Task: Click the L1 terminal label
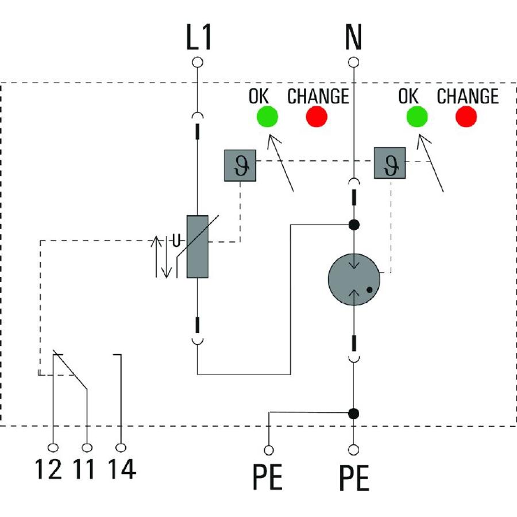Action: pyautogui.click(x=199, y=37)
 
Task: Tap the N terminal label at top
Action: pyautogui.click(x=353, y=37)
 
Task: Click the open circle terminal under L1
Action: pyautogui.click(x=198, y=62)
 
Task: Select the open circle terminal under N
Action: pyautogui.click(x=353, y=62)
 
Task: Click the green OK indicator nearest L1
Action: pyautogui.click(x=267, y=117)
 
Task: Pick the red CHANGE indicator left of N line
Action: pyautogui.click(x=317, y=117)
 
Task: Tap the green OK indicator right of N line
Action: pyautogui.click(x=417, y=117)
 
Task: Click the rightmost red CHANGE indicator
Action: pyautogui.click(x=466, y=117)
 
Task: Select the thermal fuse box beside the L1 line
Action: pyautogui.click(x=240, y=165)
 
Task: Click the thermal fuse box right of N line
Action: pyautogui.click(x=389, y=163)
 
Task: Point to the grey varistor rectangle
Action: pyautogui.click(x=198, y=246)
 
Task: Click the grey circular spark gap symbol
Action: pyautogui.click(x=354, y=279)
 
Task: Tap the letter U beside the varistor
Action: pyautogui.click(x=176, y=241)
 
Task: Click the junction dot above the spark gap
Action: pyautogui.click(x=354, y=225)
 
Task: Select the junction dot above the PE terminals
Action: pyautogui.click(x=353, y=414)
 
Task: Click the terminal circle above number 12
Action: pyautogui.click(x=53, y=447)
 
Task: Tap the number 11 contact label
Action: pyautogui.click(x=84, y=469)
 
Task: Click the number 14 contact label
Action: pyautogui.click(x=122, y=469)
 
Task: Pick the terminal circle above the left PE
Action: pyautogui.click(x=269, y=450)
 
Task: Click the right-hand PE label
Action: pyautogui.click(x=354, y=478)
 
